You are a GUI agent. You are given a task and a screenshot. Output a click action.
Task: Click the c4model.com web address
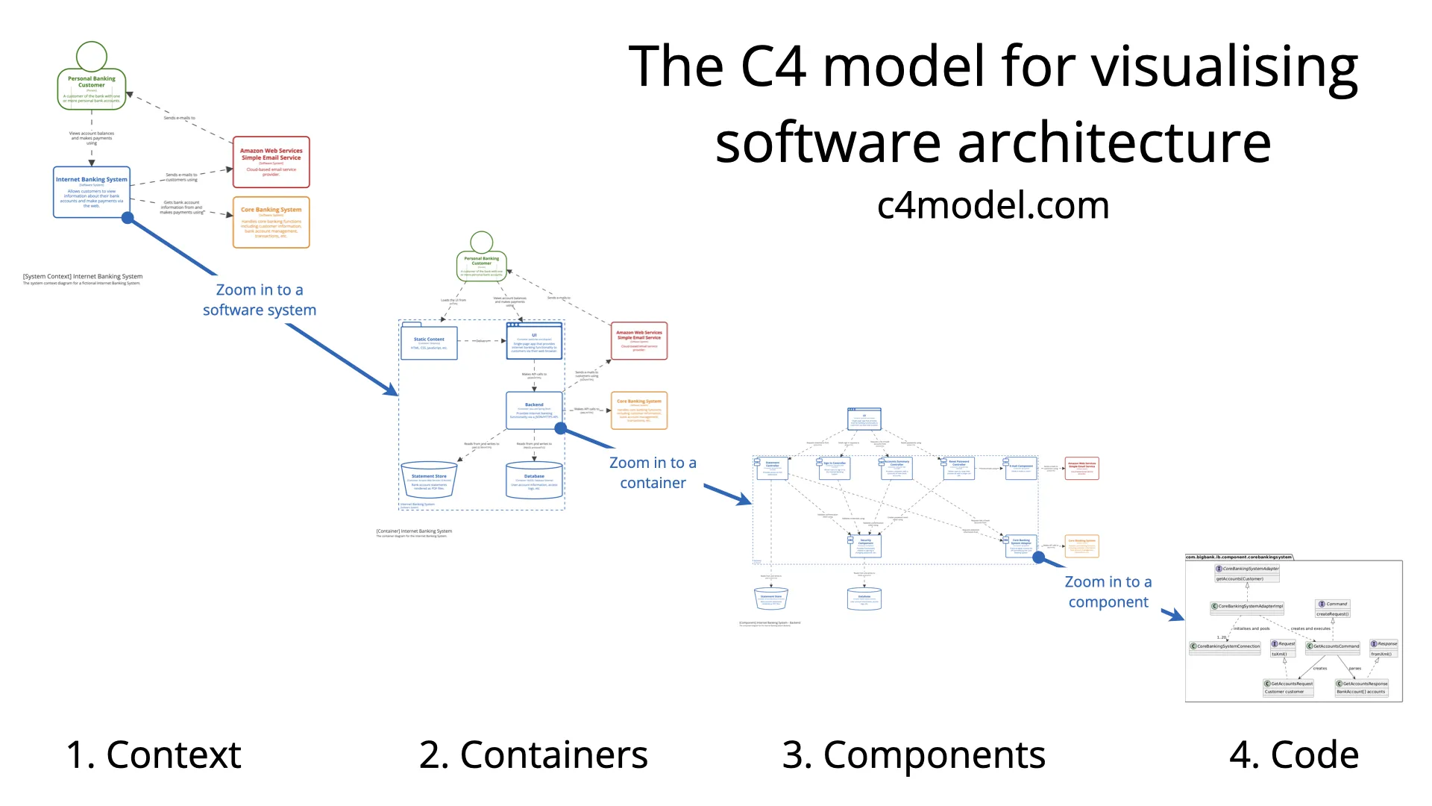pos(993,205)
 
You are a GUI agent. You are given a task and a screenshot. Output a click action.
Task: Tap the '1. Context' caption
pos(153,755)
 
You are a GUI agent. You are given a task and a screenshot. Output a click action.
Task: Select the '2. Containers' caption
pos(533,755)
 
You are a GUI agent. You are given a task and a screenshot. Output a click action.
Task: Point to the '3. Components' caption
pos(914,755)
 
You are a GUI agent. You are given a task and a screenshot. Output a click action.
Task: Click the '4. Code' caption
pos(1294,755)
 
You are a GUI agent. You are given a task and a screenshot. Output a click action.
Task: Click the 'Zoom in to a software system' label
pos(260,300)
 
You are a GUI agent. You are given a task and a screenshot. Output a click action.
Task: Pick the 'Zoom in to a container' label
pos(653,473)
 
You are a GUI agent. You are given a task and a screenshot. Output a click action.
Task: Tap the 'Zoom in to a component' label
pos(1108,592)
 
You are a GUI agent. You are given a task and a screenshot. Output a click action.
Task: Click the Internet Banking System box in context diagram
pos(92,193)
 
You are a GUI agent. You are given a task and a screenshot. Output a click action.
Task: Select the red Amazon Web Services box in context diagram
pos(271,162)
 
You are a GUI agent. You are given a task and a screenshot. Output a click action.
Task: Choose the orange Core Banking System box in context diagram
pos(271,222)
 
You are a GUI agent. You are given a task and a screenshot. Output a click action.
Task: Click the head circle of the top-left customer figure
pos(92,56)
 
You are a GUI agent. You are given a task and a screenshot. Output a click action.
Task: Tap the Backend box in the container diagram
pos(534,410)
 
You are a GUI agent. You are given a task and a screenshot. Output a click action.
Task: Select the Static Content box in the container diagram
pos(429,343)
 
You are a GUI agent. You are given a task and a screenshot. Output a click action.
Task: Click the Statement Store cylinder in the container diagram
pos(429,481)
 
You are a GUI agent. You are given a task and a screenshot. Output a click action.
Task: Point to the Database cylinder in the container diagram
pos(534,481)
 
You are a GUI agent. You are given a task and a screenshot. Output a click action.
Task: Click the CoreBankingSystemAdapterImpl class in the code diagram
pos(1247,607)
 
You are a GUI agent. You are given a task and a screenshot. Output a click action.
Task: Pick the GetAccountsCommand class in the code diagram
pos(1333,646)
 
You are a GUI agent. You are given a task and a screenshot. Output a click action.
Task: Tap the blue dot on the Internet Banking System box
pos(128,218)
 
